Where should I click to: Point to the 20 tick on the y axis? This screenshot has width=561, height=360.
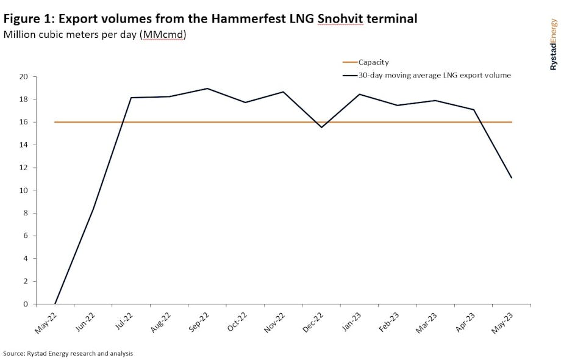click(24, 77)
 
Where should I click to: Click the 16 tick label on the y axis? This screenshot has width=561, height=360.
click(24, 122)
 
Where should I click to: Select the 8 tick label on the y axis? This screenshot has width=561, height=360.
click(26, 213)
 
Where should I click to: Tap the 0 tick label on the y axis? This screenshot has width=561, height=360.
click(26, 304)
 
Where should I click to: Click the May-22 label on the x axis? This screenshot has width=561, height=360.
click(46, 321)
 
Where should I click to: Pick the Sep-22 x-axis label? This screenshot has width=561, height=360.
click(199, 321)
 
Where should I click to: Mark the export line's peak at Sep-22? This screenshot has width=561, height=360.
click(207, 88)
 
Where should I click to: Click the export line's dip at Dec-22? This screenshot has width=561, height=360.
click(321, 127)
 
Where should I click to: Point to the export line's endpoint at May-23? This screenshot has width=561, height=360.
click(512, 178)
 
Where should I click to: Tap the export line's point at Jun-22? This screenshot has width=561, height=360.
click(93, 209)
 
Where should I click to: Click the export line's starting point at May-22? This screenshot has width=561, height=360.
click(55, 304)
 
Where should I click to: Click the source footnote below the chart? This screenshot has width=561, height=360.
click(68, 353)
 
